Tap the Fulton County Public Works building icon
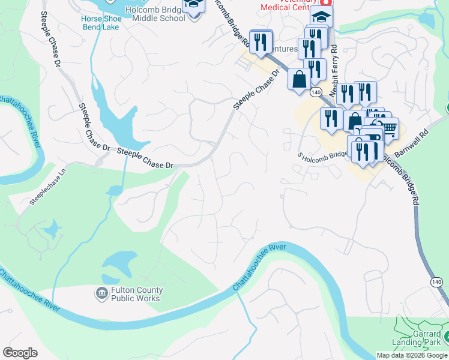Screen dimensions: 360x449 [101, 293]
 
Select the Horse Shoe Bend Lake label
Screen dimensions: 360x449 [101, 23]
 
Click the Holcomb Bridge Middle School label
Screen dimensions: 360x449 [152, 13]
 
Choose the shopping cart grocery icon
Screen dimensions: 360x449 [389, 127]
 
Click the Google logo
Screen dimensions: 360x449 [20, 353]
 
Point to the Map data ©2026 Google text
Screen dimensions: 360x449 [412, 355]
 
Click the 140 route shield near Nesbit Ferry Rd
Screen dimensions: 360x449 [316, 92]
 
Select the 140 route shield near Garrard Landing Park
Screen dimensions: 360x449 [436, 282]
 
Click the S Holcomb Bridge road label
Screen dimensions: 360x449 [322, 155]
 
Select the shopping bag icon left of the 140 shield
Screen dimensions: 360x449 [299, 79]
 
